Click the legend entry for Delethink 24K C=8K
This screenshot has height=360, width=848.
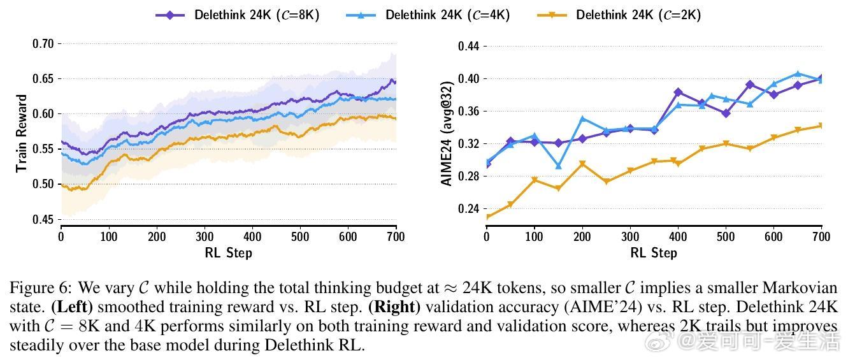tap(237, 14)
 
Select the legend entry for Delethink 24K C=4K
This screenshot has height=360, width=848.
tap(428, 14)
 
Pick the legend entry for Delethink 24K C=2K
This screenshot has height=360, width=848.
tap(619, 14)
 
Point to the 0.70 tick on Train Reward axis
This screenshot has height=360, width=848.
tap(43, 44)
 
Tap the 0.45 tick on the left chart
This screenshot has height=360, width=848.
tap(43, 220)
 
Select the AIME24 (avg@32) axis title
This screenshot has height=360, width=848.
tap(447, 134)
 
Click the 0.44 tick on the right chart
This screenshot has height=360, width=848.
tap(469, 47)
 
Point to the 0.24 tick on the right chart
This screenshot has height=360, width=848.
tap(469, 208)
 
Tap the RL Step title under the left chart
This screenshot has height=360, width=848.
tap(228, 253)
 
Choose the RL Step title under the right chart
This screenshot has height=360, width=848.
tap(654, 253)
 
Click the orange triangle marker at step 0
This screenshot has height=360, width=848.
tap(487, 217)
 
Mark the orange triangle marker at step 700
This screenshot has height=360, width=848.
tap(821, 126)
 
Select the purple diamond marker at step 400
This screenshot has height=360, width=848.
tap(678, 92)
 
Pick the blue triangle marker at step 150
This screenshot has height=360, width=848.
tap(559, 166)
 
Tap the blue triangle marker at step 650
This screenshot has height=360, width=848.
tap(798, 74)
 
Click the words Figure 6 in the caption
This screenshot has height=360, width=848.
tap(37, 288)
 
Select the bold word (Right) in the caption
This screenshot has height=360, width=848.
tap(394, 306)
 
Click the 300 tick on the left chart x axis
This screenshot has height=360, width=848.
tap(205, 237)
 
